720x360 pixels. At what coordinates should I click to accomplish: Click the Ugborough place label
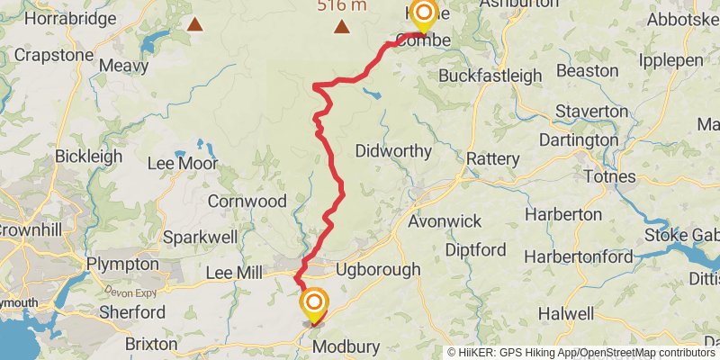(377, 269)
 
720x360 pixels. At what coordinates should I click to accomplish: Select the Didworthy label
(393, 151)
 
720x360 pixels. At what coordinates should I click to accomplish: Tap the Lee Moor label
(183, 165)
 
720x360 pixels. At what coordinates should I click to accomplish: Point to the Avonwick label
(445, 221)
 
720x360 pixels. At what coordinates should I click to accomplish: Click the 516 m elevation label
(341, 5)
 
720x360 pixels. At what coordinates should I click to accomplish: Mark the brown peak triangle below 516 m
(342, 26)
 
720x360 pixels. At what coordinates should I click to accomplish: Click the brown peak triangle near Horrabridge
(193, 24)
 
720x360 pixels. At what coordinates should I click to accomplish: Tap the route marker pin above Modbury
(314, 302)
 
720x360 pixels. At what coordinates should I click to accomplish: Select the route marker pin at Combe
(422, 13)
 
